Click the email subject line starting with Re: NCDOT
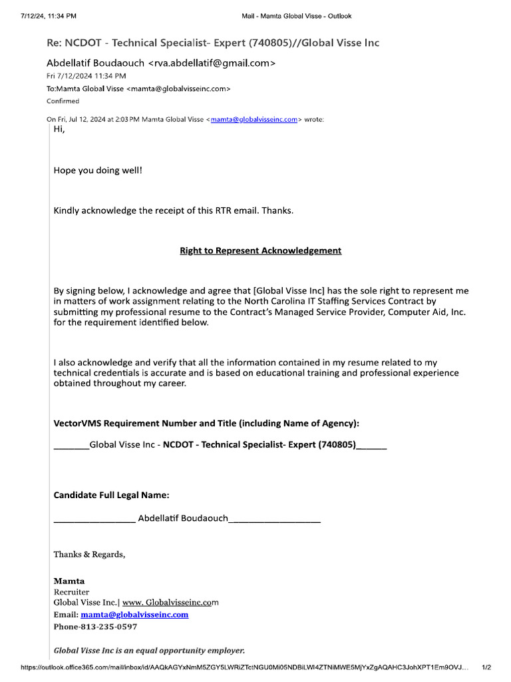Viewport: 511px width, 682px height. click(x=213, y=43)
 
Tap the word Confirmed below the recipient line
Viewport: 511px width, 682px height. click(x=63, y=101)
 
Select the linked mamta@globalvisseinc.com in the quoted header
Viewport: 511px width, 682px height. click(x=254, y=120)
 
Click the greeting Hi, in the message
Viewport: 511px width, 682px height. click(x=59, y=129)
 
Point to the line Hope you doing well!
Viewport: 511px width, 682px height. click(x=98, y=170)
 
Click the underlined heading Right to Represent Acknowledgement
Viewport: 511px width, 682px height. click(x=260, y=251)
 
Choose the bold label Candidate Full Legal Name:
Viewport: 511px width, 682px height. click(x=111, y=496)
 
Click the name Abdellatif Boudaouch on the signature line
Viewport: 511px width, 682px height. click(x=183, y=517)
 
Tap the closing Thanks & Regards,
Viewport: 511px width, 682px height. click(x=89, y=554)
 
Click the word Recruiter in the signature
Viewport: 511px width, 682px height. click(x=71, y=592)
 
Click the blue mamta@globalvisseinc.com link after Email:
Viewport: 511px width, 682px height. click(x=134, y=615)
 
